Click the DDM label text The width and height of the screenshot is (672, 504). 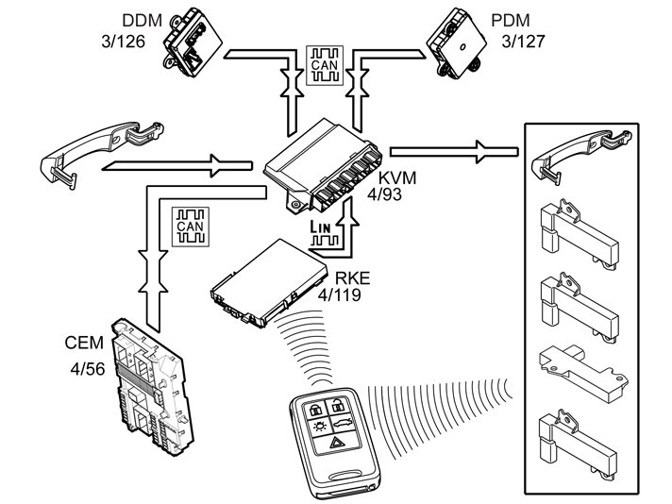click(141, 21)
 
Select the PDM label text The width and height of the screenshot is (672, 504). click(510, 21)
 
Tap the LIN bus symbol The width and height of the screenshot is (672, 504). click(327, 233)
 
